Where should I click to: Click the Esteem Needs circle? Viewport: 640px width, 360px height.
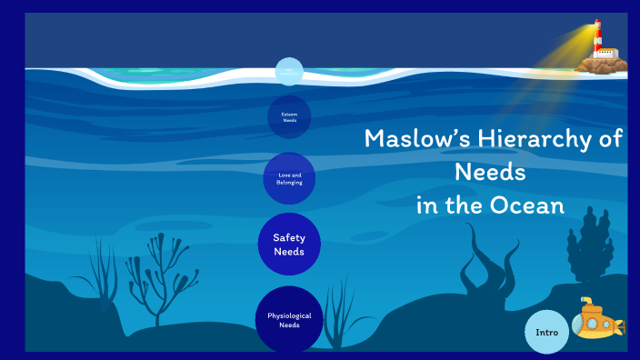tap(289, 117)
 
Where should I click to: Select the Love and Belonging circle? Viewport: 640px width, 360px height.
tap(289, 178)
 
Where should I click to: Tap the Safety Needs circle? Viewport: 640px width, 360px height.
tap(289, 245)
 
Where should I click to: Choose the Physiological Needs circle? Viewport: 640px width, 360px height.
tap(289, 320)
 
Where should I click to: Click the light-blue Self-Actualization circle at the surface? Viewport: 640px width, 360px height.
tap(289, 72)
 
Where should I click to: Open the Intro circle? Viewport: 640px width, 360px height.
tap(546, 333)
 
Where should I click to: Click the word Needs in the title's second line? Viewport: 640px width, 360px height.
tap(490, 172)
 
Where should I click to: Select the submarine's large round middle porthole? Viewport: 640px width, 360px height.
tap(595, 323)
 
